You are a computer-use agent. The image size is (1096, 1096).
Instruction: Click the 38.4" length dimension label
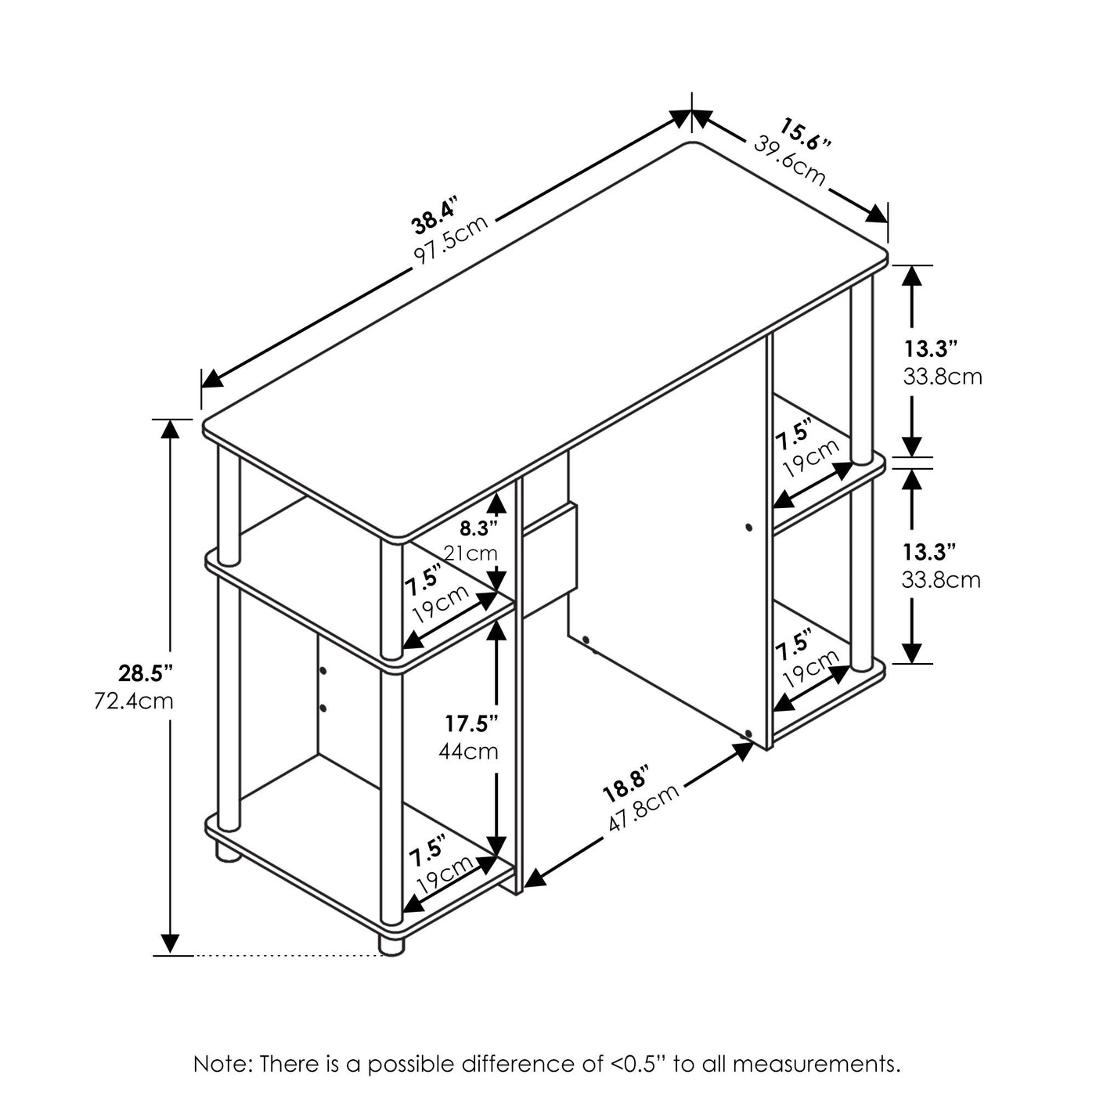tap(435, 215)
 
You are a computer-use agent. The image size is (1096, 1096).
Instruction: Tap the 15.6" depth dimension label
tap(805, 134)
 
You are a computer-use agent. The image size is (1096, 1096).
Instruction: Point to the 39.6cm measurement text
tap(789, 161)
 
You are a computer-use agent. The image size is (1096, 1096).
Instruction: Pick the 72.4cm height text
tap(134, 702)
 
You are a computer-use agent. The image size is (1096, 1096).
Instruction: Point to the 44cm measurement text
tap(469, 752)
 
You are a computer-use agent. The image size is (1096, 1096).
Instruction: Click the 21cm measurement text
tap(471, 553)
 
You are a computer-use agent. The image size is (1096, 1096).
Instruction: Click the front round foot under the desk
tap(391, 945)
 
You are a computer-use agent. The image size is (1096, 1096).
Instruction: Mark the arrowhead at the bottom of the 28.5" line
tap(170, 943)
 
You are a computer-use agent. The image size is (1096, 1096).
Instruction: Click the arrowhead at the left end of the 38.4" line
tap(213, 377)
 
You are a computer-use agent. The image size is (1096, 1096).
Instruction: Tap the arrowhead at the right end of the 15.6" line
tap(877, 215)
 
